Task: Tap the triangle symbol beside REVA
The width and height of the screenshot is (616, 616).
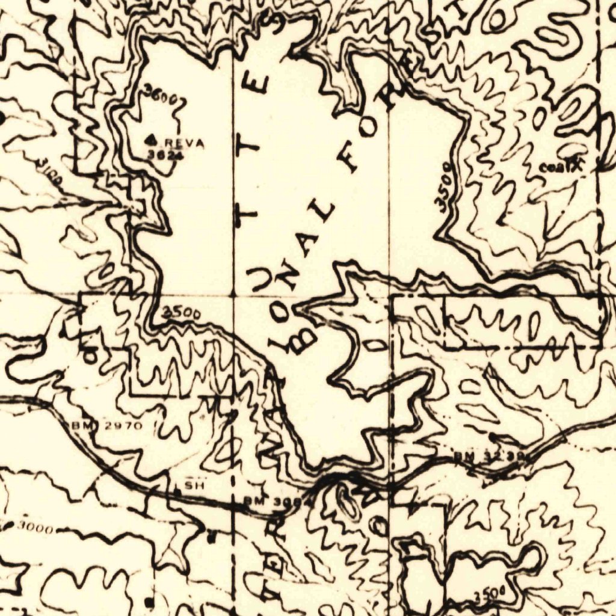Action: point(153,140)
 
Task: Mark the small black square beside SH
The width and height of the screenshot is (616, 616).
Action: point(177,491)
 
